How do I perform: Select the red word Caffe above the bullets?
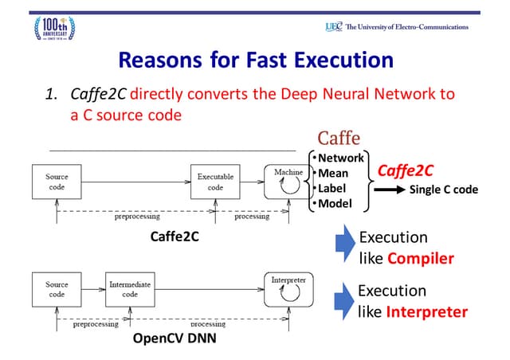click(x=339, y=138)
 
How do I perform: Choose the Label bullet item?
click(x=334, y=188)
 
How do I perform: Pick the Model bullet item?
click(x=335, y=203)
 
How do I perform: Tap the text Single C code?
click(x=444, y=190)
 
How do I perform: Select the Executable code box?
click(x=215, y=182)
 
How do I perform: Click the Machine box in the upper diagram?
click(x=287, y=182)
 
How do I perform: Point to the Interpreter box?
click(x=287, y=290)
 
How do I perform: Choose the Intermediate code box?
click(x=129, y=289)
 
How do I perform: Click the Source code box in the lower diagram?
click(x=57, y=289)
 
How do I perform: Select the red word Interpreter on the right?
click(x=426, y=311)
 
